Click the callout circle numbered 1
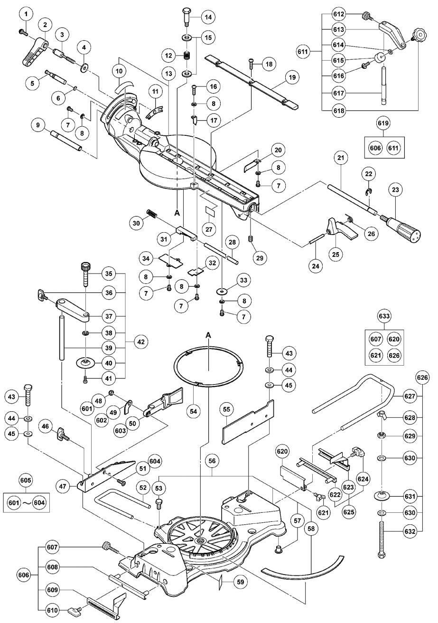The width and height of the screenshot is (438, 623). tap(26, 14)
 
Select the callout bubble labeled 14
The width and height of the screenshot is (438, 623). tap(208, 17)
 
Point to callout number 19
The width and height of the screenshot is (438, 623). tap(292, 77)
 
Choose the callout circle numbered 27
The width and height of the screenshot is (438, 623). tap(209, 229)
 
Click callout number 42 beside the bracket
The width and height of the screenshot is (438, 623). tap(141, 341)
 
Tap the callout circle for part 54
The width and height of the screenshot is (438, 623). tap(194, 411)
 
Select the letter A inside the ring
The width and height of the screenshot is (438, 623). tap(208, 336)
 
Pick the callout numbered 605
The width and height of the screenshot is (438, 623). tap(26, 481)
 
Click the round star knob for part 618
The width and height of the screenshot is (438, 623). tap(419, 35)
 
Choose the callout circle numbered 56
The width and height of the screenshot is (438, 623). tap(212, 461)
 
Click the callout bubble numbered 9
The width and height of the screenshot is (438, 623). tap(38, 125)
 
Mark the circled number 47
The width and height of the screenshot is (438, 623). tap(62, 486)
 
